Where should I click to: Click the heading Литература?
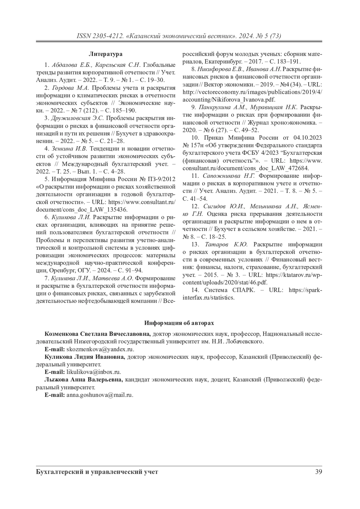pyautogui.click(x=106, y=54)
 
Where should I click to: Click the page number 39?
pyautogui.click(x=319, y=472)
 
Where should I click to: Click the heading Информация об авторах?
pyautogui.click(x=179, y=323)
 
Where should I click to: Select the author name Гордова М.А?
pyautogui.click(x=71, y=88)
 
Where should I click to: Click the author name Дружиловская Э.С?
pyautogui.click(x=78, y=118)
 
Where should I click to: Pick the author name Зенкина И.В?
pyautogui.click(x=69, y=149)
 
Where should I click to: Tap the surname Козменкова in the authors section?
pyautogui.click(x=61, y=334)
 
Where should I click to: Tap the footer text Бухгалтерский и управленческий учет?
pyautogui.click(x=97, y=472)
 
